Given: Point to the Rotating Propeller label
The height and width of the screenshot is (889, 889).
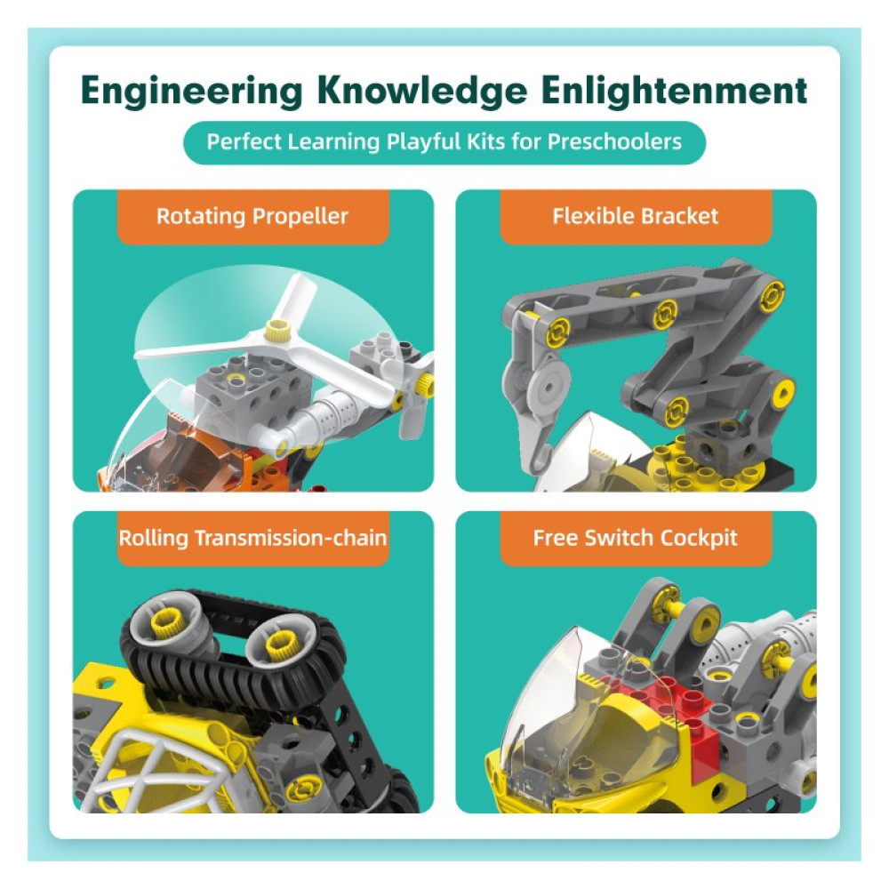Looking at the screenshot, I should coord(252,216).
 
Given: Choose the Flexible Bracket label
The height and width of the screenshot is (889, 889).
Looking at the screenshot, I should coord(636,216).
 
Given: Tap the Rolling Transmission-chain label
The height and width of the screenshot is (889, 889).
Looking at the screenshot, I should coord(253,538).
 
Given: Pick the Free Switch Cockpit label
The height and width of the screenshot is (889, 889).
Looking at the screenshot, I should coord(636,538).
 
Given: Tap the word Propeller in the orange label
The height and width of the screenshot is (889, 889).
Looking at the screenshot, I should coord(305,216).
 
